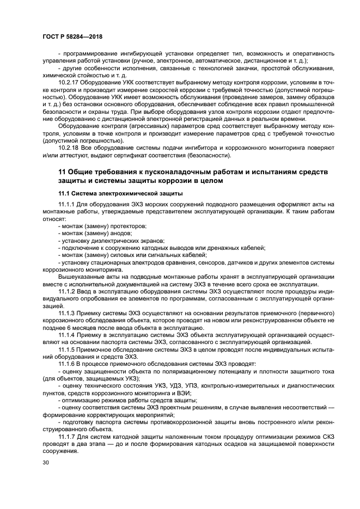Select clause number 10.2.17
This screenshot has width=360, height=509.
tap(70, 82)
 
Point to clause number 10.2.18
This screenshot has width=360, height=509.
tap(70, 148)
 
